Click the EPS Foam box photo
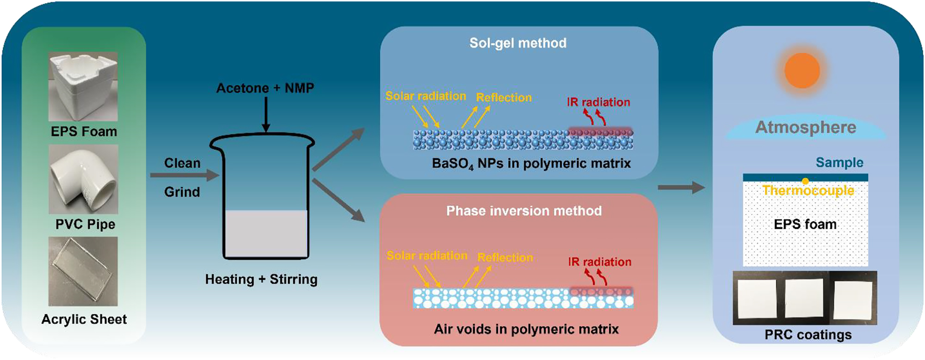pyautogui.click(x=83, y=87)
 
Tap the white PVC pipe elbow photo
pyautogui.click(x=83, y=179)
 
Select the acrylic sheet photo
pyautogui.click(x=83, y=272)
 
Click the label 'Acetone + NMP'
pyautogui.click(x=265, y=88)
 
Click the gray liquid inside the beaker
pyautogui.click(x=266, y=233)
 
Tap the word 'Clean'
pyautogui.click(x=182, y=163)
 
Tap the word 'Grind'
pyautogui.click(x=182, y=192)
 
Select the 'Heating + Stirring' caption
pyautogui.click(x=261, y=279)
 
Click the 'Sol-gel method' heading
pyautogui.click(x=518, y=43)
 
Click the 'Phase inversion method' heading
pyautogui.click(x=524, y=211)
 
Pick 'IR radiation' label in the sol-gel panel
pyautogui.click(x=598, y=102)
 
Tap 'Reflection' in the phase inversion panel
pyautogui.click(x=505, y=257)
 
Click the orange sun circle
pyautogui.click(x=802, y=70)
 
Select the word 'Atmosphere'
pyautogui.click(x=806, y=127)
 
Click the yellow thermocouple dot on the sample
pyautogui.click(x=805, y=181)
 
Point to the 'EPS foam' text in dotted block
pyautogui.click(x=805, y=224)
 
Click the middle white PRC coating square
pyautogui.click(x=804, y=298)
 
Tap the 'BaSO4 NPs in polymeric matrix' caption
pyautogui.click(x=531, y=164)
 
